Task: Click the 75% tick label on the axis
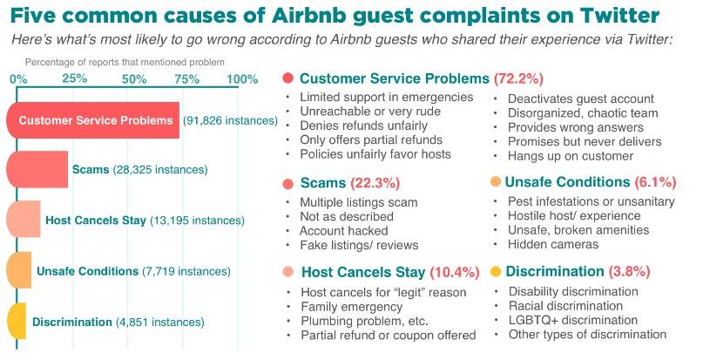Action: coord(186,79)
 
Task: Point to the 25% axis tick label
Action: coord(75,79)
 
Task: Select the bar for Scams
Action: coord(38,169)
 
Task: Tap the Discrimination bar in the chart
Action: coord(17,322)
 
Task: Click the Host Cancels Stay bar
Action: coord(24,220)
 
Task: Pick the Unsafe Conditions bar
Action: coord(20,271)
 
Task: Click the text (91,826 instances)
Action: coord(229,120)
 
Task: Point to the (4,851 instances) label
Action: coord(160,323)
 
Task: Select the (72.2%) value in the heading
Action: coord(519,78)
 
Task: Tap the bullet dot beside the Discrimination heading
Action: coord(496,271)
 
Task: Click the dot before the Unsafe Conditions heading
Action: coord(496,182)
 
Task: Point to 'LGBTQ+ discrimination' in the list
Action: coord(573,320)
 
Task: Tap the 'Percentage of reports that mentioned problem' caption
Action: coord(125,62)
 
